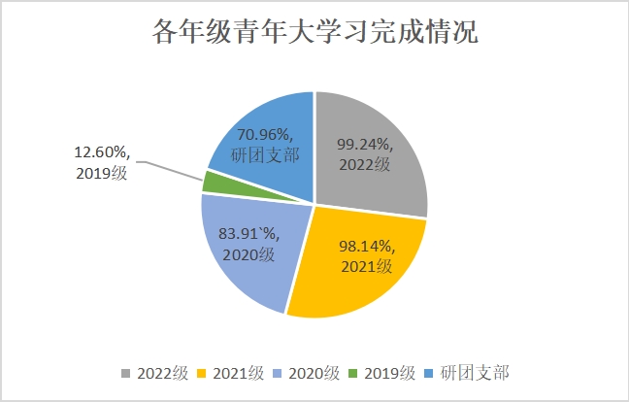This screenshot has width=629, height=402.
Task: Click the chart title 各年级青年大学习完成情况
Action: coord(315,31)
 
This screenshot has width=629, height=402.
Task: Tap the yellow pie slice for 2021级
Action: coord(340,282)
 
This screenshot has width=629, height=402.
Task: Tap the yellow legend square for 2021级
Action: coord(202,374)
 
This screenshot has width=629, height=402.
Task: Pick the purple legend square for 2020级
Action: coord(280,374)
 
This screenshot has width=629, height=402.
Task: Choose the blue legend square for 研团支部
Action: coord(433,374)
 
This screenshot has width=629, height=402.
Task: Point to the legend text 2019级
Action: coord(392,374)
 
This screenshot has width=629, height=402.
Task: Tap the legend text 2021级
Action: coord(237,374)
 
